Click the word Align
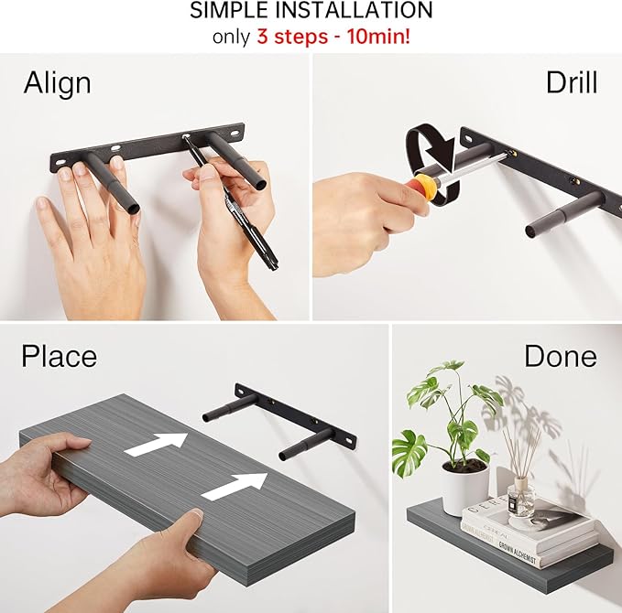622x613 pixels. tap(57, 83)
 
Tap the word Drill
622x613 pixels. tap(572, 82)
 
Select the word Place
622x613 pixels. tap(60, 356)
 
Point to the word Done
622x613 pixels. tap(560, 356)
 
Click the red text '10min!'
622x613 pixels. tap(378, 37)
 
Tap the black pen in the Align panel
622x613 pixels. tap(231, 203)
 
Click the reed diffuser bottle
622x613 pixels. tap(521, 497)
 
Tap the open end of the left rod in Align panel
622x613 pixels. tap(134, 208)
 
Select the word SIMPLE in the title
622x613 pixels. tap(231, 10)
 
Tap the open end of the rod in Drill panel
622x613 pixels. tap(531, 231)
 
